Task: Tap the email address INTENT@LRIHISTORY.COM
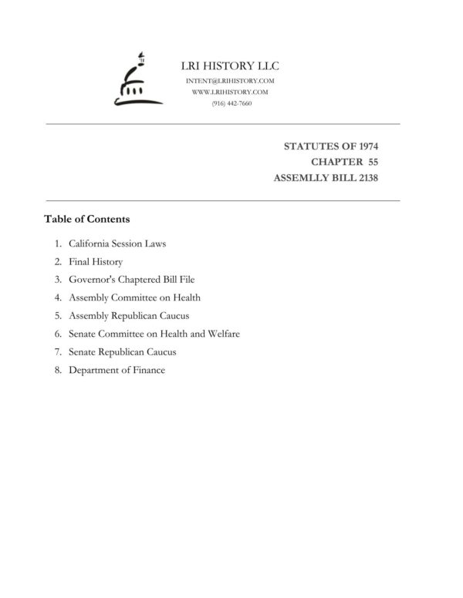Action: tap(231, 80)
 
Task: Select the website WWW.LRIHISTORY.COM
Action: tap(231, 92)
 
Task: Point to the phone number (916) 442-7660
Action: tap(231, 103)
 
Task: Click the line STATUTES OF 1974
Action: tap(331, 146)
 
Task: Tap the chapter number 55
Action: tap(373, 162)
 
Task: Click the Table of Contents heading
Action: tap(86, 219)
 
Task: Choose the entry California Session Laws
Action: tap(117, 244)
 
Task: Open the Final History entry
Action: tap(96, 262)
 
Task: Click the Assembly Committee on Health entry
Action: tap(134, 297)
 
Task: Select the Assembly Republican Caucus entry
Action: tap(129, 316)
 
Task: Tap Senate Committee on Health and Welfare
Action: tap(154, 334)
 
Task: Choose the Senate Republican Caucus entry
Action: tap(123, 351)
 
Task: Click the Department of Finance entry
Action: tap(117, 370)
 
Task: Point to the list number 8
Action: tap(57, 370)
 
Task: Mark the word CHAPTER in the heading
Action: tap(337, 162)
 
